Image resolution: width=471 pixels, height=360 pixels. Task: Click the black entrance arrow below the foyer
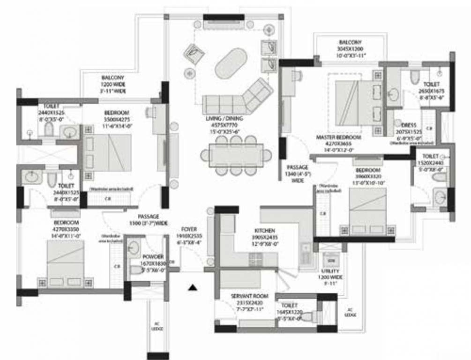tap(191, 288)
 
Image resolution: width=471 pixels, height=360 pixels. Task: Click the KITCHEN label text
tap(261, 231)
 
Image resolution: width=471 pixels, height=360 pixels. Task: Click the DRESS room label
tap(409, 125)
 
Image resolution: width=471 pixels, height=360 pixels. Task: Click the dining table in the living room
tap(232, 155)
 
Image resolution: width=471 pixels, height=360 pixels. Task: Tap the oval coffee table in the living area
tap(231, 63)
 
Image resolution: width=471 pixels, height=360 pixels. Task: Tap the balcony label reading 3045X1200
tap(350, 49)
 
